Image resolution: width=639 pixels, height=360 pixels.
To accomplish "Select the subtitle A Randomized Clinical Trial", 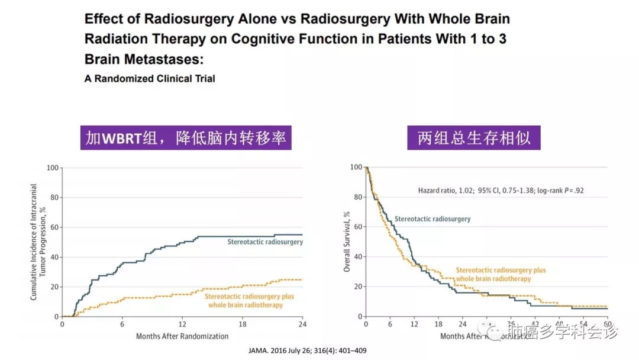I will pos(150,78).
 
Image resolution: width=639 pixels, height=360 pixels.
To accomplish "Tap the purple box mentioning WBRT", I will pos(186,139).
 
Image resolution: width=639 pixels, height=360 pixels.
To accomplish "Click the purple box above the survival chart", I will pos(474,139).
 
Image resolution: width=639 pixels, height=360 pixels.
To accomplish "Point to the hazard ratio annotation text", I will pos(502,191).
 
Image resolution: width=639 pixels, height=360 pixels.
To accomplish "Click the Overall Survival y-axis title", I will pos(348,242).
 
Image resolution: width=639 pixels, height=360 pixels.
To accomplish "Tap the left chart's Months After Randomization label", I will pos(182,336).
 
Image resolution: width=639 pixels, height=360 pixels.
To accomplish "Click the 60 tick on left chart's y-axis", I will pos(54,227).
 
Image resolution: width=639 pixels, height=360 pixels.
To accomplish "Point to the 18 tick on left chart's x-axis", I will pos(242,325).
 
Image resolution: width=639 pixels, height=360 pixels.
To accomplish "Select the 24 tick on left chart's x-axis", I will pos(302,325).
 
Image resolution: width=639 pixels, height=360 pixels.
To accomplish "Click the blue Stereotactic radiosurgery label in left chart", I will pos(265,242).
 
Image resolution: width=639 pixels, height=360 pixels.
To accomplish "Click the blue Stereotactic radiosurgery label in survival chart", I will pos(433,219).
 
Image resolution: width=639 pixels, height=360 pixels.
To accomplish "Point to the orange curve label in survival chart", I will pos(501,274).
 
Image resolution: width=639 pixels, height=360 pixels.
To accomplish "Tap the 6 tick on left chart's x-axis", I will pos(122,325).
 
